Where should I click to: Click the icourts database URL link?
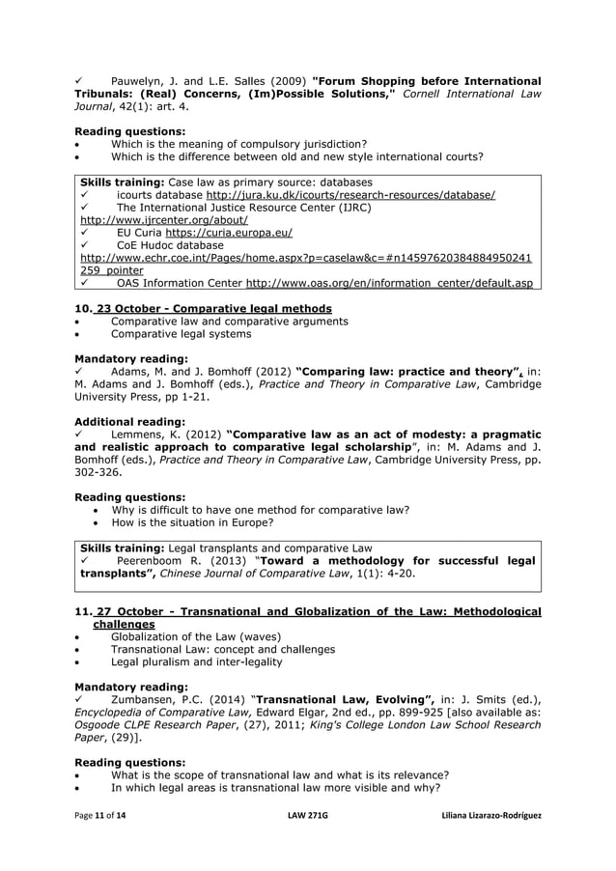(x=350, y=195)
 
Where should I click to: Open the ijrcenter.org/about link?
(x=156, y=220)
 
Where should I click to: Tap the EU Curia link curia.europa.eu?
(x=228, y=233)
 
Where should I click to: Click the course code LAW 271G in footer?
(x=308, y=816)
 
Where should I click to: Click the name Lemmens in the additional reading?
(x=142, y=435)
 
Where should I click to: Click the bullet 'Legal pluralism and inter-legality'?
(x=196, y=662)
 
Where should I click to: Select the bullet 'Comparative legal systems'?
(x=181, y=334)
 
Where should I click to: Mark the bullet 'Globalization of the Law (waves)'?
(x=196, y=636)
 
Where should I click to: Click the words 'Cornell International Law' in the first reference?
(x=466, y=94)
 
